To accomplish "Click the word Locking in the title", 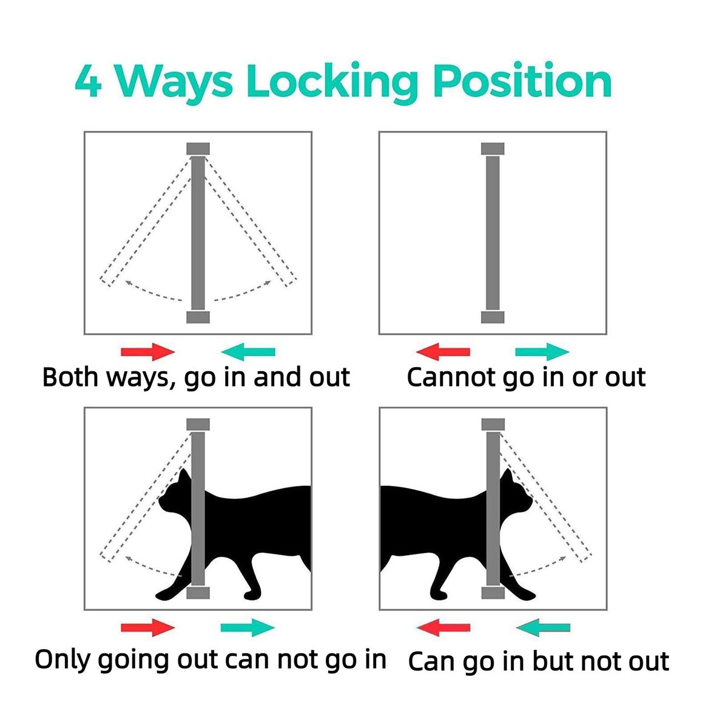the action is click(332, 83).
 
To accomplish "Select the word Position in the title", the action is click(522, 80).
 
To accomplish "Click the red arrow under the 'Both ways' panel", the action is click(147, 352).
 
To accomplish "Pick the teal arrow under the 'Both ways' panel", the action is click(248, 352).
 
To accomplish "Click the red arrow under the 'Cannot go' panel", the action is click(443, 352).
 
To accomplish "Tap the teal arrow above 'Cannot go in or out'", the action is click(542, 352).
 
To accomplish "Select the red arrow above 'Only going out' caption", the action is click(147, 627).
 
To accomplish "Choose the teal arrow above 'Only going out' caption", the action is click(248, 627).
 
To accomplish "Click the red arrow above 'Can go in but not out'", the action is click(443, 627).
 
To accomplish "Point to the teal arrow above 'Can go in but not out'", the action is click(543, 627).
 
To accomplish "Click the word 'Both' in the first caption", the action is click(70, 377).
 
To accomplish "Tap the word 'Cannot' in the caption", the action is click(451, 377).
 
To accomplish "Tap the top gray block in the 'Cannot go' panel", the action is click(493, 149).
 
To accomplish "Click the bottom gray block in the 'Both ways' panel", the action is click(198, 317).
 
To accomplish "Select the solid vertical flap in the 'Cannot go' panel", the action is click(493, 234).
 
